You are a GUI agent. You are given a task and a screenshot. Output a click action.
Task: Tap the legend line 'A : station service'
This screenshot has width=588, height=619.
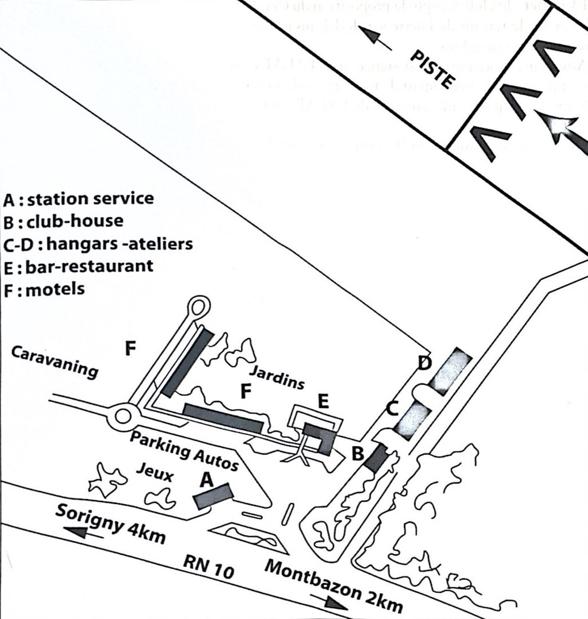tap(78, 200)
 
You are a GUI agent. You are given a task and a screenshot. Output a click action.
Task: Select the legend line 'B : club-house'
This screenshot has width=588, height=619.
tap(63, 221)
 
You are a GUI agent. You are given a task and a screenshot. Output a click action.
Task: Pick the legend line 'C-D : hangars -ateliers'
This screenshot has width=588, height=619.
tap(98, 244)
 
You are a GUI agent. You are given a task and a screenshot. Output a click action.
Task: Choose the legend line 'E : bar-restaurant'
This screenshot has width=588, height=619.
tap(78, 267)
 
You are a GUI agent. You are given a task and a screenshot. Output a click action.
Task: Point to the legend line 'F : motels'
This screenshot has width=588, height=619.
tap(44, 289)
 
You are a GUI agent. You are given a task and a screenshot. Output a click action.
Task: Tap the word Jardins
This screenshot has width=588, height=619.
tap(277, 377)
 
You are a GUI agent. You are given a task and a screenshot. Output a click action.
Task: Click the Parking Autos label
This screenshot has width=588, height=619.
tap(184, 451)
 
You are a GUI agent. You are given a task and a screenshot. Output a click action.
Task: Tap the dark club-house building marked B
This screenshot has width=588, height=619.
tap(376, 458)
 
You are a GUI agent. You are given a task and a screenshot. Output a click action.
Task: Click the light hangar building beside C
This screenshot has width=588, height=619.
tap(413, 419)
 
